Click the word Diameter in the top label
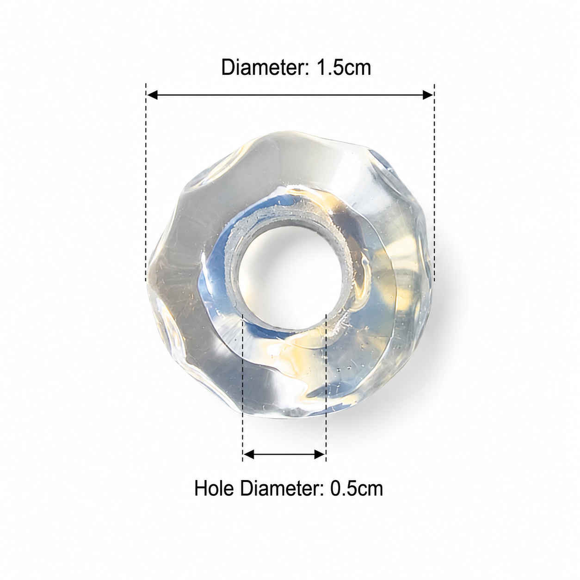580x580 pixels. pos(263,67)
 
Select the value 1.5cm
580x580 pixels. pos(343,67)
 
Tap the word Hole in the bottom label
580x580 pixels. pos(213,488)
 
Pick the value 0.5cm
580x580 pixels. pos(356,488)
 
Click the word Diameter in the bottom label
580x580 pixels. pos(281,488)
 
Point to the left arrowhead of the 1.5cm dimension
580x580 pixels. pos(152,95)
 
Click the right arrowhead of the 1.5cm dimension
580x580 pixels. pos(428,95)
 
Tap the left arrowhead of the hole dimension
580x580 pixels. pos(249,454)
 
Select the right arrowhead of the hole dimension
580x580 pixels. pos(319,454)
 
